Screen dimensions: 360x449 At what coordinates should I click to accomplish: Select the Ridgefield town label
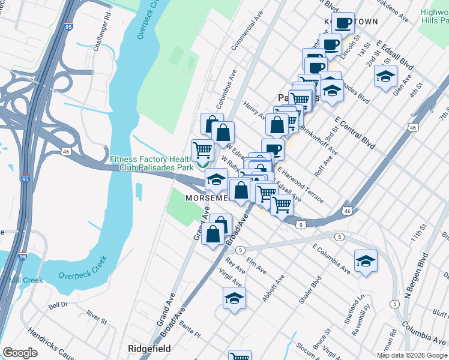tap(149, 349)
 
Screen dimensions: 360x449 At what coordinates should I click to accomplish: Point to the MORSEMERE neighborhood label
tap(206, 198)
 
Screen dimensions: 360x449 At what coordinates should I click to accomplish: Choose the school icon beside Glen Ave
tap(385, 77)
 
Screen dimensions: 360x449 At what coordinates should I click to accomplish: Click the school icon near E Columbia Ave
tap(366, 261)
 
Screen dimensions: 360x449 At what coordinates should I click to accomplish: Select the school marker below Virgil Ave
tap(234, 298)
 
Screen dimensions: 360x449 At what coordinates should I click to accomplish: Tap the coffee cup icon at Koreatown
tap(343, 23)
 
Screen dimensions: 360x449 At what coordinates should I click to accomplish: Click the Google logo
tap(20, 353)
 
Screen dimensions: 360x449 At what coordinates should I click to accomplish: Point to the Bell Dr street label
tap(58, 305)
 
